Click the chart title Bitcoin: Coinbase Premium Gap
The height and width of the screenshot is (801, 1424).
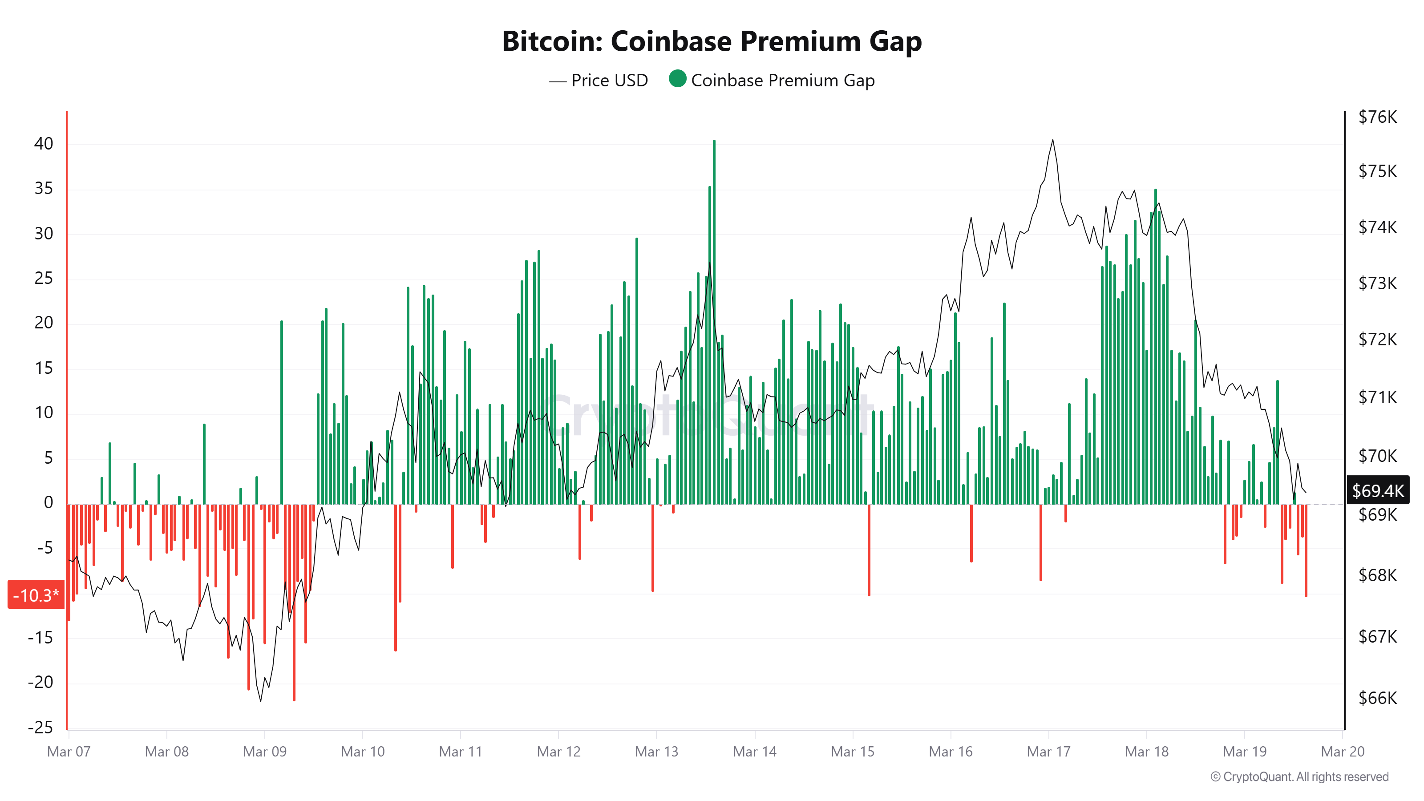tap(712, 41)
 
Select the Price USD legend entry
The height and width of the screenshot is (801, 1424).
tap(599, 81)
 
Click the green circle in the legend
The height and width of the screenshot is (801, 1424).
tap(677, 79)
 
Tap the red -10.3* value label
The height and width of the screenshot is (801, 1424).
tap(36, 595)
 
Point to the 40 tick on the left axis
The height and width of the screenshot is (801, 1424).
tap(44, 144)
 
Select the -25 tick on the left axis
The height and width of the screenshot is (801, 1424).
tap(40, 727)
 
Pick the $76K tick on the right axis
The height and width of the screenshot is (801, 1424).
tap(1377, 117)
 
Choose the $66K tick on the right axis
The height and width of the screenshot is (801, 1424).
tap(1377, 698)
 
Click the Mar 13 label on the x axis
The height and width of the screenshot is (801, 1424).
tap(656, 751)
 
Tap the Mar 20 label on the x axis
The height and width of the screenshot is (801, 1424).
tap(1342, 751)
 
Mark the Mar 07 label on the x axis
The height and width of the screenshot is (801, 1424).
tap(69, 751)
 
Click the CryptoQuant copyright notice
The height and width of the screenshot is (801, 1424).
tap(1299, 777)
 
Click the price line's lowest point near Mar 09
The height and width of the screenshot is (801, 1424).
tap(261, 701)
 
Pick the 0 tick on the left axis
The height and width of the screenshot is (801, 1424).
tap(49, 502)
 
